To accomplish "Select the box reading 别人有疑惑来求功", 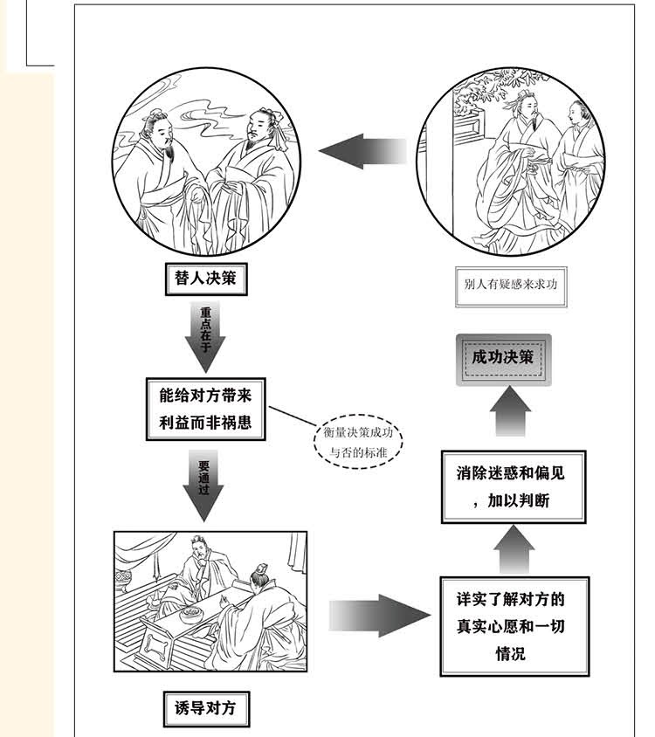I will (510, 285).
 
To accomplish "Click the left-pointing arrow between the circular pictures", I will (362, 152).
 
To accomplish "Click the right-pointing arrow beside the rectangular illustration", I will (379, 616).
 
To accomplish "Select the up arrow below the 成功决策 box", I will (508, 412).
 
